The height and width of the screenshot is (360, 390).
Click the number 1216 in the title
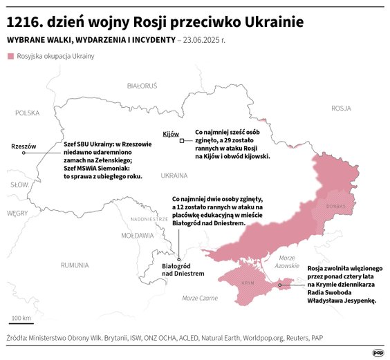26,22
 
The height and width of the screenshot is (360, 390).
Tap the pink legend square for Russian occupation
10,55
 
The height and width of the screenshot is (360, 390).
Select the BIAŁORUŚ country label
142,86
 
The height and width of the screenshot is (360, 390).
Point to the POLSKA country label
28,113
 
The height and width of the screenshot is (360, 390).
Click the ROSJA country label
341,108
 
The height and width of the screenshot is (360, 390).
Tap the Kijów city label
170,133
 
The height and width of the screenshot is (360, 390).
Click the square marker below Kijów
181,141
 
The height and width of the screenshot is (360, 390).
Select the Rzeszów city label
23,146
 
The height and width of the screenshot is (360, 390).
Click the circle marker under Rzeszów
24,153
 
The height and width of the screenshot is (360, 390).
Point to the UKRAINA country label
174,176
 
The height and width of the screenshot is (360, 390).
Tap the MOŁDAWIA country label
138,235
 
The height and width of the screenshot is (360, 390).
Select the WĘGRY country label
17,214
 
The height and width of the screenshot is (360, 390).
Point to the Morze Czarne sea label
199,298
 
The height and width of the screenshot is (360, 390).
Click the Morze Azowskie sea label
286,261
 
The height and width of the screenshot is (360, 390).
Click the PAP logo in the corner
378,352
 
